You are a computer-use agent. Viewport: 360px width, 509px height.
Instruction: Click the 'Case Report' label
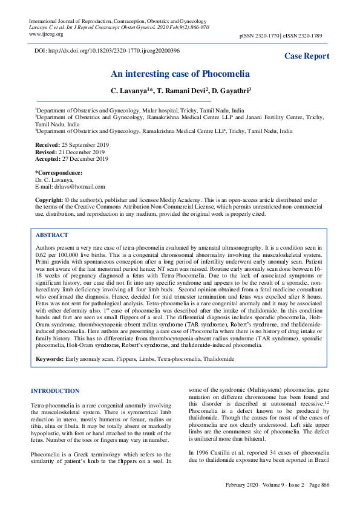pyautogui.click(x=307, y=56)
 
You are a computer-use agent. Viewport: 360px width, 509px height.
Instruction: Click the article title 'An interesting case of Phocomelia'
pyautogui.click(x=180, y=74)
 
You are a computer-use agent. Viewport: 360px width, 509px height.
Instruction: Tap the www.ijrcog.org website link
pyautogui.click(x=46, y=34)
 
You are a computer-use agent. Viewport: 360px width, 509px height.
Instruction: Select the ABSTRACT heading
pyautogui.click(x=52, y=235)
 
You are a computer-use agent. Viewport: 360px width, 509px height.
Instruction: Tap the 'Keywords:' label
pyautogui.click(x=50, y=359)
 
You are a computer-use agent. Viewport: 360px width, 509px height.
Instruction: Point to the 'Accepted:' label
pyautogui.click(x=47, y=159)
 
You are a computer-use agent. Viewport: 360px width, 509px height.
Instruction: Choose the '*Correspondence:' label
pyautogui.click(x=58, y=173)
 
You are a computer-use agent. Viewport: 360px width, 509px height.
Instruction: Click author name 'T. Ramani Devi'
pyautogui.click(x=181, y=91)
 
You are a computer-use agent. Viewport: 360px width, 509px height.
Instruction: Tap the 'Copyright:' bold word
pyautogui.click(x=49, y=199)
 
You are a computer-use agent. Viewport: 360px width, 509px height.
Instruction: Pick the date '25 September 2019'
pyautogui.click(x=84, y=146)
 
